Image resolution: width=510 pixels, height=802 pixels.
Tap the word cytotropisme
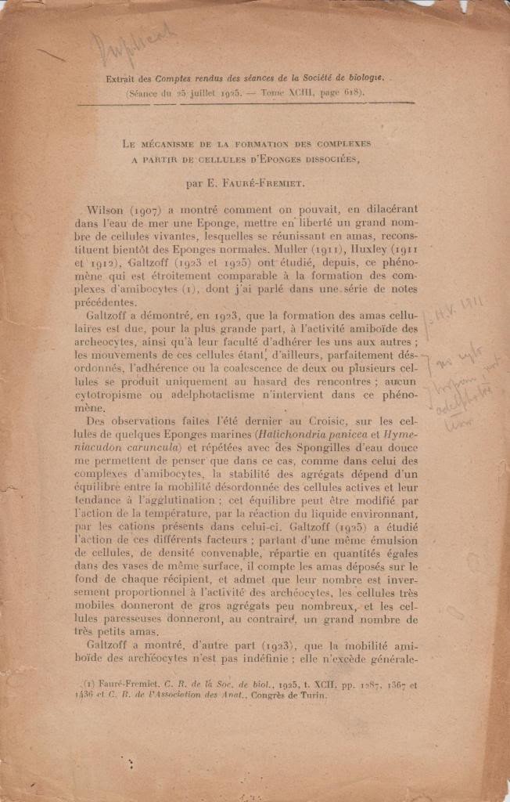[x=120, y=393]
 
